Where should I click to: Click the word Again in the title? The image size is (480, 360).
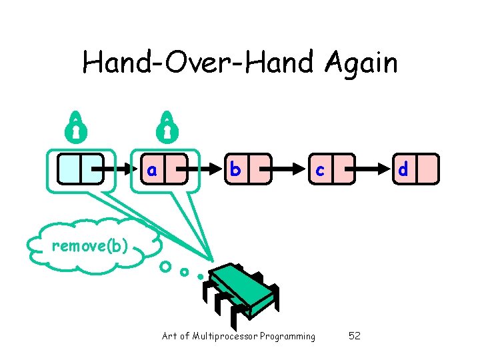pyautogui.click(x=362, y=63)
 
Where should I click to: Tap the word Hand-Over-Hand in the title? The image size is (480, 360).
pyautogui.click(x=201, y=63)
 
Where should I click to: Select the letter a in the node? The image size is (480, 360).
pyautogui.click(x=152, y=170)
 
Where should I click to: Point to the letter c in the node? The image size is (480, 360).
pyautogui.click(x=320, y=170)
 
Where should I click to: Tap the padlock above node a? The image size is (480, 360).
pyautogui.click(x=166, y=125)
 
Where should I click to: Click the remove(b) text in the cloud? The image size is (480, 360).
pyautogui.click(x=89, y=246)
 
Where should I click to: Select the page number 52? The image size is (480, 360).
pyautogui.click(x=355, y=336)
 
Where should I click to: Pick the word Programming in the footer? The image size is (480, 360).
pyautogui.click(x=287, y=336)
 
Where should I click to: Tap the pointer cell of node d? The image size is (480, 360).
pyautogui.click(x=428, y=169)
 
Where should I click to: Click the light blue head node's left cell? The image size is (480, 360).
pyautogui.click(x=69, y=169)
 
